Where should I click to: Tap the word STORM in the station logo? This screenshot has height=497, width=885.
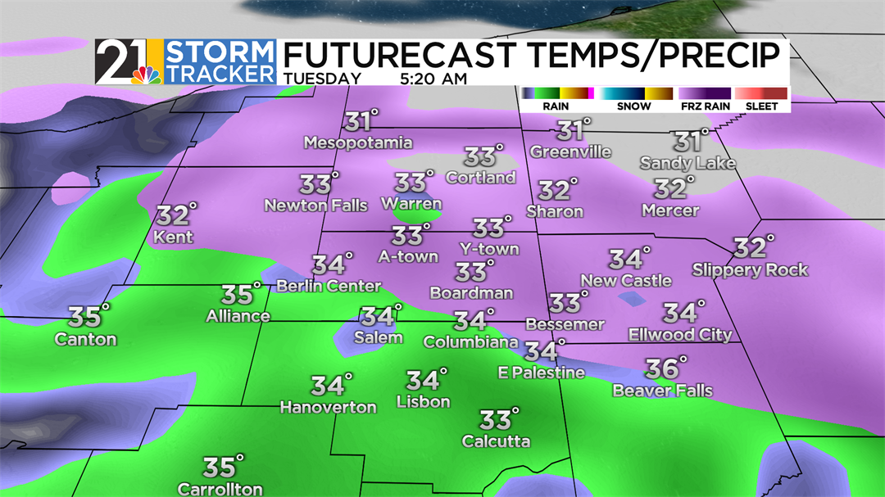coord(220,53)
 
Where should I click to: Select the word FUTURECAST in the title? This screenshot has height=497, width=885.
coord(399,55)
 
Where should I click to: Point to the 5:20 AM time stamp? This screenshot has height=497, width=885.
coord(433,79)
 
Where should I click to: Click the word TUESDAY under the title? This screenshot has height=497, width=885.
coord(322,79)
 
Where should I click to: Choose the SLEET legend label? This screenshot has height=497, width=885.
coord(761,106)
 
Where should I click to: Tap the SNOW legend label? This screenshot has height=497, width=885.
coord(634,106)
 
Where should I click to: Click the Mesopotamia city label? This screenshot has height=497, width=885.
coord(358,143)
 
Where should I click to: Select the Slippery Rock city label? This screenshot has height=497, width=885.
coord(750,269)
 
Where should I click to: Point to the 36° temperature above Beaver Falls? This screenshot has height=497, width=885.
coord(664,368)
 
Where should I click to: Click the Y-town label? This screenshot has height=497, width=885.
coord(489,248)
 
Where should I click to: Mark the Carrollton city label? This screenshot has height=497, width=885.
coord(220,489)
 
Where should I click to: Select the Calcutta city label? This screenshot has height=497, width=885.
coord(496,441)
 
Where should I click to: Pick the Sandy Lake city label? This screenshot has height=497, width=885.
coord(688,163)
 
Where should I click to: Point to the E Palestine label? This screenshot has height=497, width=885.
coord(542,373)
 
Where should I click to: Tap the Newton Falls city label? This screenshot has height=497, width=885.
coord(316,206)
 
